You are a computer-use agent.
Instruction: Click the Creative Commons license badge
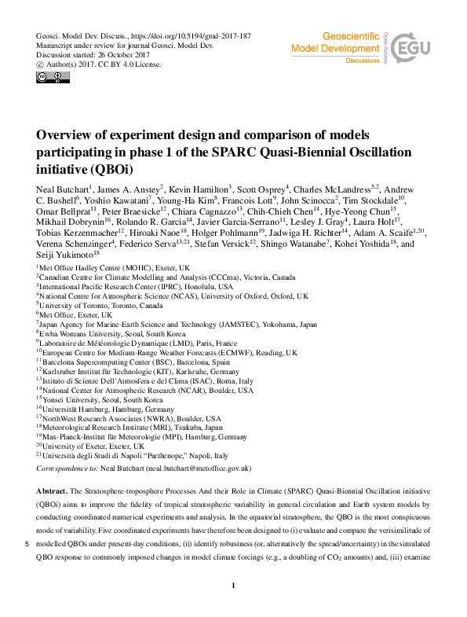click(x=48, y=78)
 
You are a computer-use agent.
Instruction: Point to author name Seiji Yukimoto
click(x=62, y=255)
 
